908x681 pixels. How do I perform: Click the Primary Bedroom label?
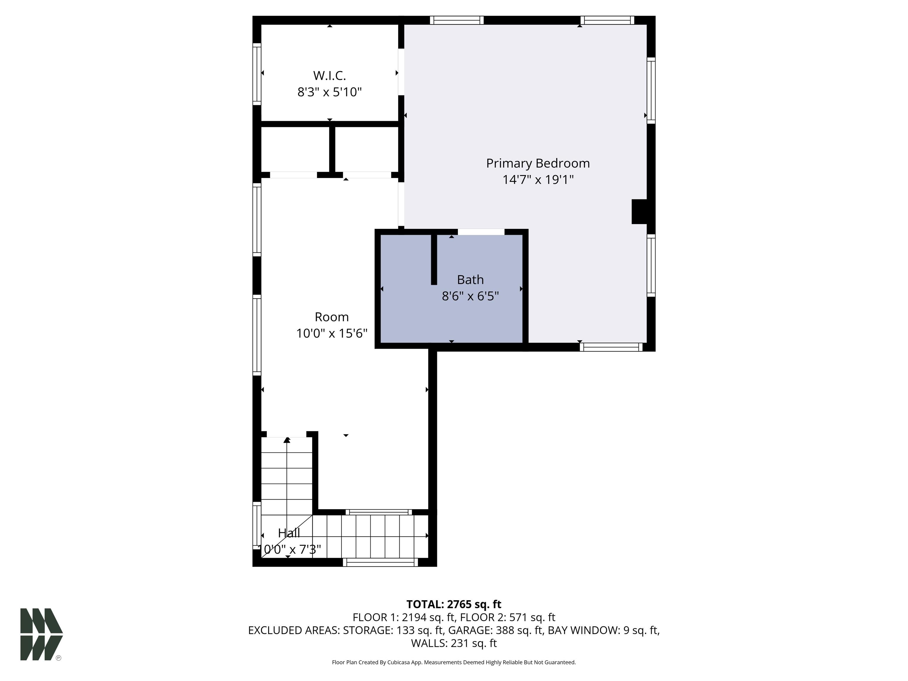pyautogui.click(x=538, y=163)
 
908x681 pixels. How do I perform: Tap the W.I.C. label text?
pyautogui.click(x=330, y=76)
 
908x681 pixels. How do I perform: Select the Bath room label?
pyautogui.click(x=471, y=280)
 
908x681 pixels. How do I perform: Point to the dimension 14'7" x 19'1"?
pyautogui.click(x=538, y=180)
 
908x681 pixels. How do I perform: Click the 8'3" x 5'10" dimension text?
pyautogui.click(x=330, y=92)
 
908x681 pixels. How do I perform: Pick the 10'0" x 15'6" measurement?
pyautogui.click(x=332, y=333)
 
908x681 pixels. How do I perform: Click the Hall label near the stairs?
pyautogui.click(x=289, y=533)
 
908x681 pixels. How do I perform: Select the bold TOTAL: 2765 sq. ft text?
pyautogui.click(x=454, y=604)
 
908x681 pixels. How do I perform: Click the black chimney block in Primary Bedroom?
pyautogui.click(x=639, y=212)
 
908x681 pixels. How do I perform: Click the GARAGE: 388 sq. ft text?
pyautogui.click(x=495, y=630)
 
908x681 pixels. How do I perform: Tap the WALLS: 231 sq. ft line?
pyautogui.click(x=454, y=643)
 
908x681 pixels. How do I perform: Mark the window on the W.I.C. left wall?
pyautogui.click(x=257, y=74)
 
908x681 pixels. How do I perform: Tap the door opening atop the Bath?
pyautogui.click(x=481, y=232)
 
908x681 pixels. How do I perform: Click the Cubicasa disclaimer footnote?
pyautogui.click(x=454, y=662)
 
